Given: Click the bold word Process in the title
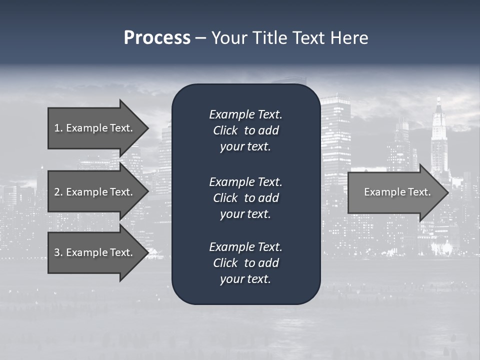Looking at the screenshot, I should (x=157, y=38).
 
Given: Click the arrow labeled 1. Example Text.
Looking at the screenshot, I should (x=95, y=128).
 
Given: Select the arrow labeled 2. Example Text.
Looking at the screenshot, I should (x=95, y=192).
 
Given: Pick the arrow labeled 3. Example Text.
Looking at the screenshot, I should (x=95, y=252).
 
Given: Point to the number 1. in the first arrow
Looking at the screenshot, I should (x=58, y=128).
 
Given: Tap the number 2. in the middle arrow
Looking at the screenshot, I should (x=58, y=192).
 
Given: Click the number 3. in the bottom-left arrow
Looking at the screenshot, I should (x=58, y=252).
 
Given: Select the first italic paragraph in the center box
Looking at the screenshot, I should (x=245, y=130).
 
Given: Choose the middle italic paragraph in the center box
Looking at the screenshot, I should (x=245, y=198).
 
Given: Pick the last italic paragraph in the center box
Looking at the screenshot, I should (x=245, y=263).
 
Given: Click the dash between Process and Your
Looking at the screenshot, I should (x=200, y=38).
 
